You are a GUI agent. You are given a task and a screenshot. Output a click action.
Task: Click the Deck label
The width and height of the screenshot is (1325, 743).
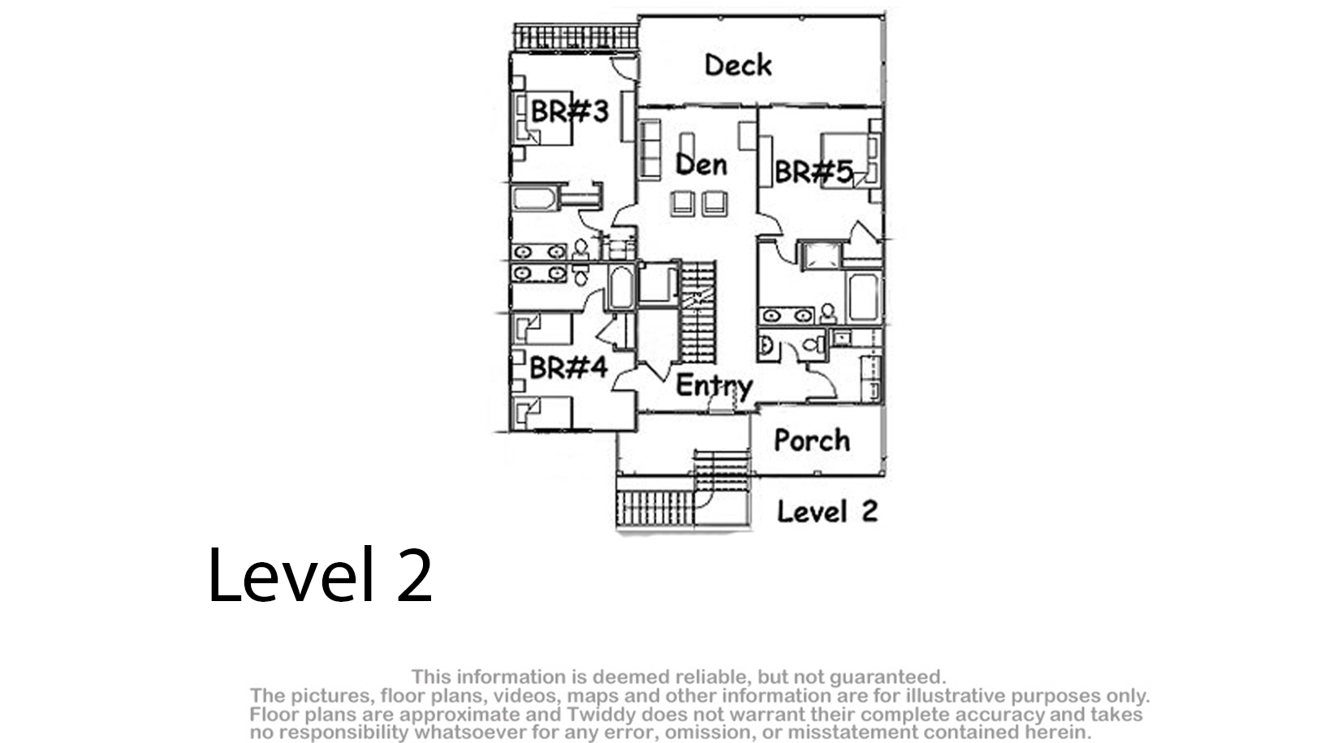pyautogui.click(x=738, y=65)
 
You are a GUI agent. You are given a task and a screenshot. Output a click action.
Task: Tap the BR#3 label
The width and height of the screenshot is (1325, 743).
pyautogui.click(x=570, y=111)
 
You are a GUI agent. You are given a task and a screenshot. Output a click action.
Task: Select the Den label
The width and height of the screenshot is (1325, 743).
pyautogui.click(x=701, y=165)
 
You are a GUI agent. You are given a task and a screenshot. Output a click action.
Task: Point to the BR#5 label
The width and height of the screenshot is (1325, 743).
pyautogui.click(x=814, y=172)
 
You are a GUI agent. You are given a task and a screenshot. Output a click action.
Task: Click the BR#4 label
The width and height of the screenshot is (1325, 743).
pyautogui.click(x=568, y=367)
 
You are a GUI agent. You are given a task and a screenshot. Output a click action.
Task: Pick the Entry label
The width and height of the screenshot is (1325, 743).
pyautogui.click(x=714, y=387)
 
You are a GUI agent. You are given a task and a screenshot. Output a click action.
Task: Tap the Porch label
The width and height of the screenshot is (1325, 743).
pyautogui.click(x=812, y=440)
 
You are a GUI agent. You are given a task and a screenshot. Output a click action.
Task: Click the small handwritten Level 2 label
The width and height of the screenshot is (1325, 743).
pyautogui.click(x=827, y=511)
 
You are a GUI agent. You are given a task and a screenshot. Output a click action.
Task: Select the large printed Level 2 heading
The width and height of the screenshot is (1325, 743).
pyautogui.click(x=320, y=575)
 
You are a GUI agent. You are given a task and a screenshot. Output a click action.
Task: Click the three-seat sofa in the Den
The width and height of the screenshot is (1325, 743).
pyautogui.click(x=650, y=149)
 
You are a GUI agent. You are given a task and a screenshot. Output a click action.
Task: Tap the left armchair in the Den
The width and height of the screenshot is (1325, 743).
pyautogui.click(x=683, y=204)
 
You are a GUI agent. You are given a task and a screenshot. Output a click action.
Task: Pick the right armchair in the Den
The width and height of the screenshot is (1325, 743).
pyautogui.click(x=714, y=204)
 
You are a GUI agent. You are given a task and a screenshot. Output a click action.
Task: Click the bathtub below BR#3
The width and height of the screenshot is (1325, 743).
pyautogui.click(x=534, y=199)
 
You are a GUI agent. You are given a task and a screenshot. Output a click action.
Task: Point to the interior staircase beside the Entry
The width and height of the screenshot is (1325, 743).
pyautogui.click(x=698, y=313)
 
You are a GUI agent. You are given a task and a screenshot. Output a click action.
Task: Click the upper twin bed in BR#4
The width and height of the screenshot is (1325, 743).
pyautogui.click(x=544, y=329)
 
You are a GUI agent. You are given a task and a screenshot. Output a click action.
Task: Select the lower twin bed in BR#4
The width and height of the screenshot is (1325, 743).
pyautogui.click(x=543, y=413)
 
